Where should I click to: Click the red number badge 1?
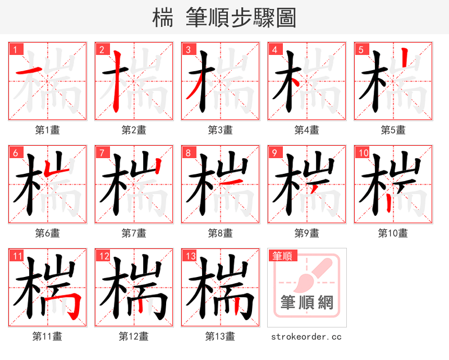pyautogui.click(x=15, y=49)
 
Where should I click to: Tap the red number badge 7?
pyautogui.click(x=102, y=153)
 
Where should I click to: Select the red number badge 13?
pyautogui.click(x=189, y=256)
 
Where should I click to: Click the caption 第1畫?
pyautogui.click(x=47, y=130)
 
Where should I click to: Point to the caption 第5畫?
pyautogui.click(x=393, y=130)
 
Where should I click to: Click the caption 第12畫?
pyautogui.click(x=134, y=336)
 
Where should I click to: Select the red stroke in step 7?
pyautogui.click(x=159, y=168)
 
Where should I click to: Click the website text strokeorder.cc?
pyautogui.click(x=306, y=337)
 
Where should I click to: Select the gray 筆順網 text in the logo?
pyautogui.click(x=306, y=303)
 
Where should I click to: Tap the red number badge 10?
pyautogui.click(x=363, y=153)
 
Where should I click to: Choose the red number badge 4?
pyautogui.click(x=274, y=49)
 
